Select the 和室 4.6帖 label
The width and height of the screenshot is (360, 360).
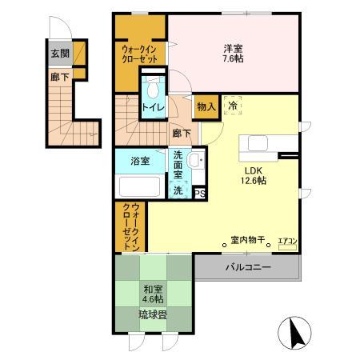(153, 294)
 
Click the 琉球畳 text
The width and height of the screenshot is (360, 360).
(152, 315)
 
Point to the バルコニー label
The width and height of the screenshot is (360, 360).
(248, 266)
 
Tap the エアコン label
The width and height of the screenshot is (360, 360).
(287, 241)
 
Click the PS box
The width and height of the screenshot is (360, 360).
(199, 192)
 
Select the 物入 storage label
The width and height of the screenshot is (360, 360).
(206, 106)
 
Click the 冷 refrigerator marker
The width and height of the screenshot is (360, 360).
(232, 105)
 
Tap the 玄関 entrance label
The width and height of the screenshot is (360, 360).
(61, 54)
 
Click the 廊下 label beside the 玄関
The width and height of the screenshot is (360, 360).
(60, 77)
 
